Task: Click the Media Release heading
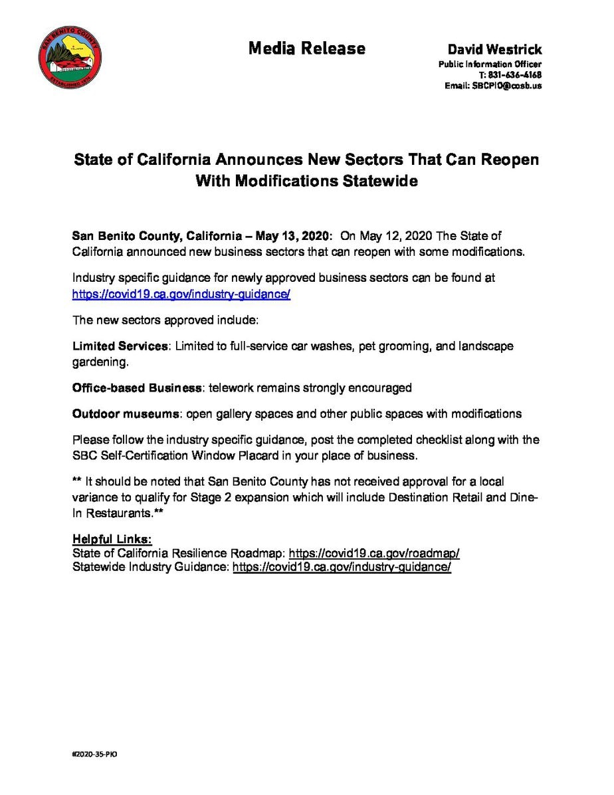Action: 307,49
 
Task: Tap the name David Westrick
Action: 494,50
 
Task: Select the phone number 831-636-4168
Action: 515,75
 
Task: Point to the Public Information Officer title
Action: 490,64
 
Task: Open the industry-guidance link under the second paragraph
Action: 181,293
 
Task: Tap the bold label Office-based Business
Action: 137,388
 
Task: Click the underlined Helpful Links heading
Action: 112,539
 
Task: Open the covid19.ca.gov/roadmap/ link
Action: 374,553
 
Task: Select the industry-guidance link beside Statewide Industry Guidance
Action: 342,567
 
